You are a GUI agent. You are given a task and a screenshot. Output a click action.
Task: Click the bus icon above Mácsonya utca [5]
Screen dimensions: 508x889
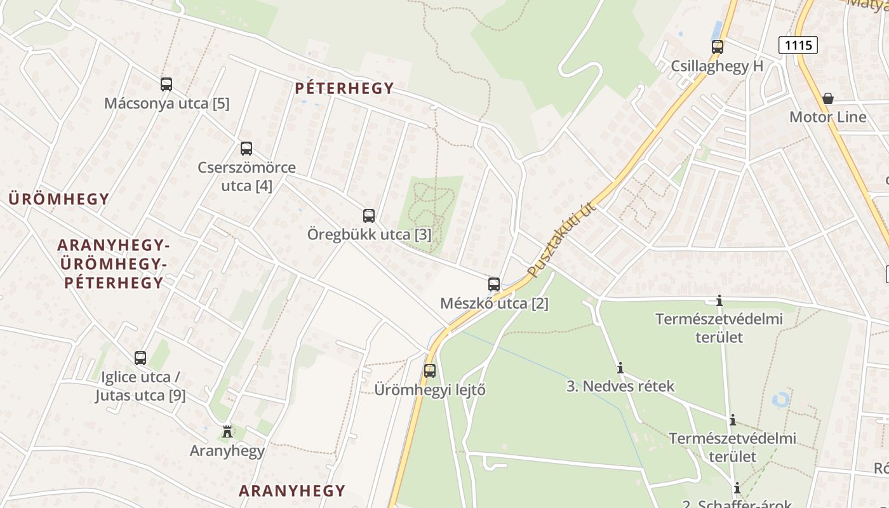(x=166, y=84)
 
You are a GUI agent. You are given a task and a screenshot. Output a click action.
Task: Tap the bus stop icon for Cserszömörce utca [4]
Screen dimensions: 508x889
(x=246, y=149)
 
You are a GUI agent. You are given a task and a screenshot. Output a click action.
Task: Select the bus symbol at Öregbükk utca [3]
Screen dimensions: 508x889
(x=369, y=215)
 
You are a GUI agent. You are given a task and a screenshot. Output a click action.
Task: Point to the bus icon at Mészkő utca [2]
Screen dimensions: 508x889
(x=494, y=284)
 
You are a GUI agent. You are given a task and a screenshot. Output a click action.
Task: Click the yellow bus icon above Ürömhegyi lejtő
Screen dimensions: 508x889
(x=430, y=370)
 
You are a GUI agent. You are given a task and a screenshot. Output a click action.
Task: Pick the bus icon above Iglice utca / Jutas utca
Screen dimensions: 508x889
(x=140, y=358)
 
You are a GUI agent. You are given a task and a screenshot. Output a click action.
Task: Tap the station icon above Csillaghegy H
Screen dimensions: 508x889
(x=718, y=46)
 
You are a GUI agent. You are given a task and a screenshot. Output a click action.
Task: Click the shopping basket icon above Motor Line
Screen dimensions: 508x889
(x=828, y=98)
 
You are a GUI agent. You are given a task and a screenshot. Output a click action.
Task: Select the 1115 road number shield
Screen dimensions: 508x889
(x=798, y=45)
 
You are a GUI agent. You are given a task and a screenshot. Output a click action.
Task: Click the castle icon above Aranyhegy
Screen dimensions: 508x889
(x=227, y=432)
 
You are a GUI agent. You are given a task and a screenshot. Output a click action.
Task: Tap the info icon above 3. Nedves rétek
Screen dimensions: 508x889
(x=620, y=368)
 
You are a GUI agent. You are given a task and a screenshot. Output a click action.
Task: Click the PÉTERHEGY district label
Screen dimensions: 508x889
(x=344, y=88)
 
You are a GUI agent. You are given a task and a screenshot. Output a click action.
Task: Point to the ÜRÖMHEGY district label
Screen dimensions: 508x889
(x=59, y=199)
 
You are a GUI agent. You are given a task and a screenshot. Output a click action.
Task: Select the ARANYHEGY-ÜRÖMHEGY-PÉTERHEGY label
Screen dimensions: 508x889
(x=114, y=264)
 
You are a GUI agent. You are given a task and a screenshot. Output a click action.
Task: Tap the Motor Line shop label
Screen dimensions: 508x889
(x=827, y=117)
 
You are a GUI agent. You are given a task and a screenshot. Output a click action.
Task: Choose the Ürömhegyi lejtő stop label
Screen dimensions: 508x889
(x=430, y=389)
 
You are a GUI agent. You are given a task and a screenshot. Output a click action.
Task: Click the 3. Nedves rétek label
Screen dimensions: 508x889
(x=620, y=386)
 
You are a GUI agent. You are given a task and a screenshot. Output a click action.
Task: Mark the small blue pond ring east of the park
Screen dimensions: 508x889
(x=780, y=399)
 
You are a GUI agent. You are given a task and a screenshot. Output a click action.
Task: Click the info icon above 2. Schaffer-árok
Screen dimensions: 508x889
(x=737, y=488)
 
